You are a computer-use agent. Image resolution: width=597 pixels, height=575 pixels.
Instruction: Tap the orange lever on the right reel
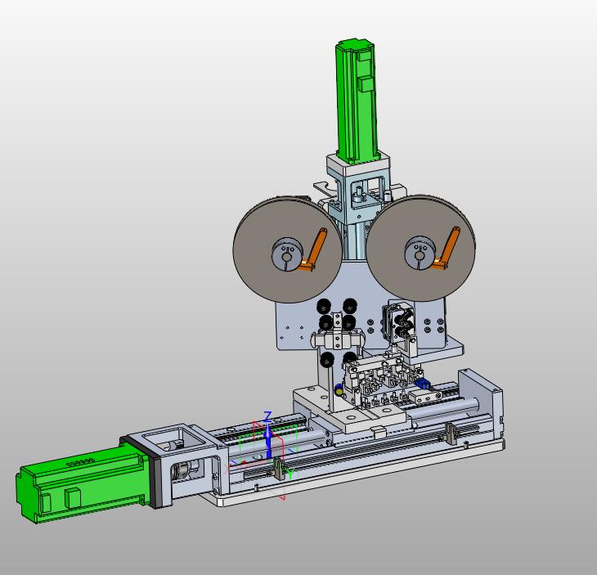(447, 249)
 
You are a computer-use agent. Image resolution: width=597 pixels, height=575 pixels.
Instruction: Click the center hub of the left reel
(287, 254)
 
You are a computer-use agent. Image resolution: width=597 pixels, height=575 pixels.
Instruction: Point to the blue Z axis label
(268, 416)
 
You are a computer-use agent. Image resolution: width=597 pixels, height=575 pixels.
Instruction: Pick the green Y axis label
(290, 474)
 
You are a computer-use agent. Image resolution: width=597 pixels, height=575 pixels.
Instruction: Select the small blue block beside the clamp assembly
(423, 384)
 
